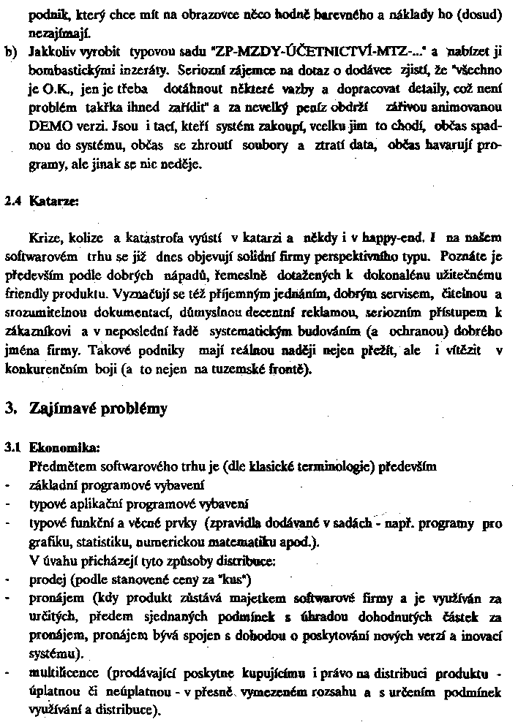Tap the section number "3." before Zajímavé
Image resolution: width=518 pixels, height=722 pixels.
click(10, 408)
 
